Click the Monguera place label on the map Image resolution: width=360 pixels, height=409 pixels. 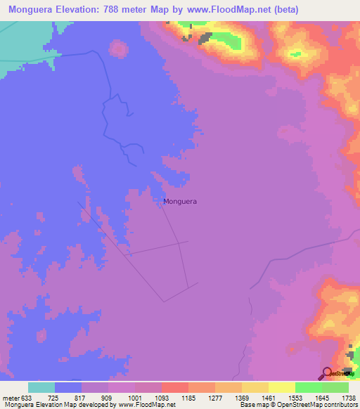tap(180, 202)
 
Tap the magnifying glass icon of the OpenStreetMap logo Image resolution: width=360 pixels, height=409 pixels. tap(328, 373)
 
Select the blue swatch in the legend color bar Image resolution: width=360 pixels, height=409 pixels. tap(67, 387)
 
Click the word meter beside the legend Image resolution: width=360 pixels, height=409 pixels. tap(11, 398)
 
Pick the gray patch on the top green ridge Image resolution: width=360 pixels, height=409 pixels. tap(205, 38)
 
